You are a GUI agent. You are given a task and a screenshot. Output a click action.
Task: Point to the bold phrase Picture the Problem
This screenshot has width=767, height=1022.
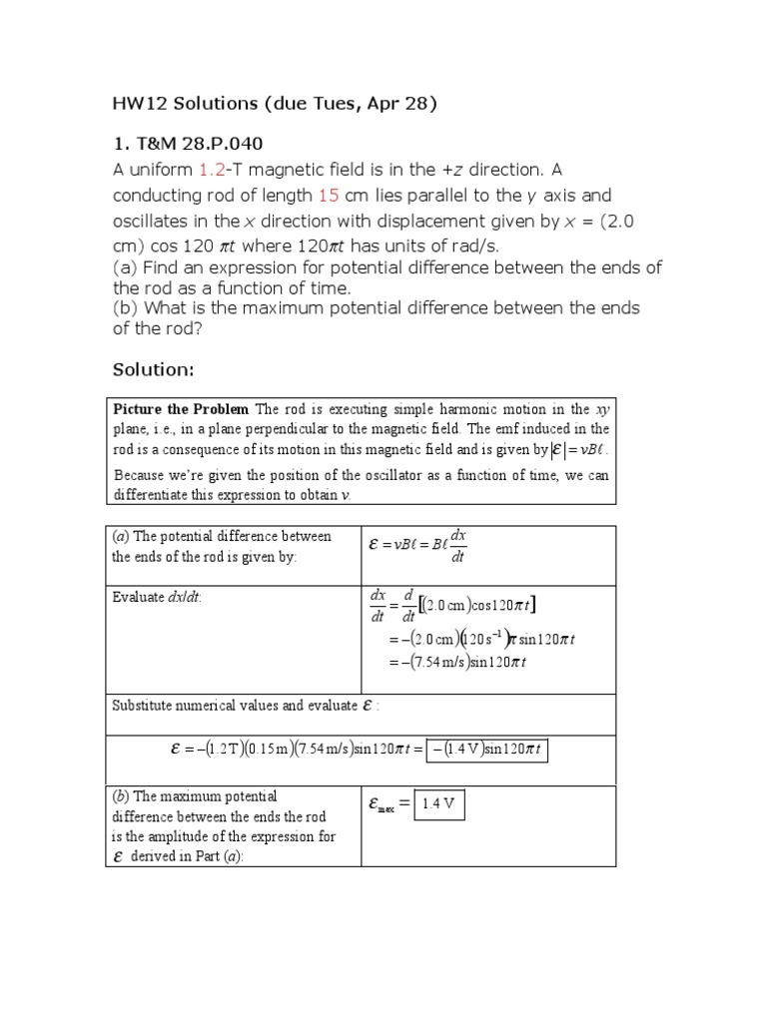(x=182, y=410)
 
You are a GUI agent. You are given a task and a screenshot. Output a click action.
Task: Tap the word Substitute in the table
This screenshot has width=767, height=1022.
(x=143, y=706)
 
